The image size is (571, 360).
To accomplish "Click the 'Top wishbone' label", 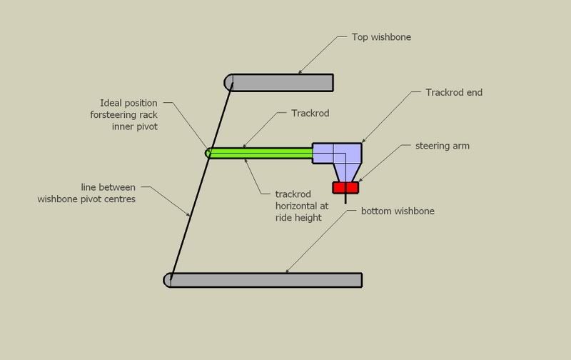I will [382, 37].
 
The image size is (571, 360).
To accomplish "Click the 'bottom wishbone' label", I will [398, 211].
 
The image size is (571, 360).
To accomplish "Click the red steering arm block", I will [345, 187].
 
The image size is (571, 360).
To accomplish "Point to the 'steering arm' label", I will [442, 146].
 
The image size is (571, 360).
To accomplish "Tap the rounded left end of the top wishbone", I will [230, 83].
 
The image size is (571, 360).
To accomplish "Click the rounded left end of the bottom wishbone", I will [168, 279].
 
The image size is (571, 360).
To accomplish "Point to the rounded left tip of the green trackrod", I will [209, 152].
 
